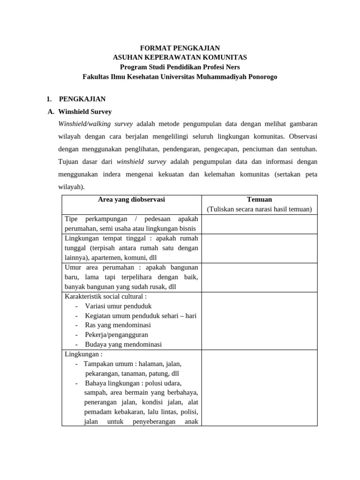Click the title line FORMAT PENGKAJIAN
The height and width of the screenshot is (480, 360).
pos(180,48)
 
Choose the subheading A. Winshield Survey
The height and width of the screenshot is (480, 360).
pos(80,112)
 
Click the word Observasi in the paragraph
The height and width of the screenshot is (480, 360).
pos(304,136)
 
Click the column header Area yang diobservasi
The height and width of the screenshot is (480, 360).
pos(131,200)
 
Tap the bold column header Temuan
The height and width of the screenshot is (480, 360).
pos(259,200)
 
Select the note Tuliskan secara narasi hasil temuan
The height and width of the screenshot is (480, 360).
pos(259,209)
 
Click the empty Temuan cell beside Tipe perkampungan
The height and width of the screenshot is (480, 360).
pos(259,224)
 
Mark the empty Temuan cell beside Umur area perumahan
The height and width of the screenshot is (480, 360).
pos(259,277)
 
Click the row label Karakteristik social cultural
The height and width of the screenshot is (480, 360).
pos(105,297)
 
